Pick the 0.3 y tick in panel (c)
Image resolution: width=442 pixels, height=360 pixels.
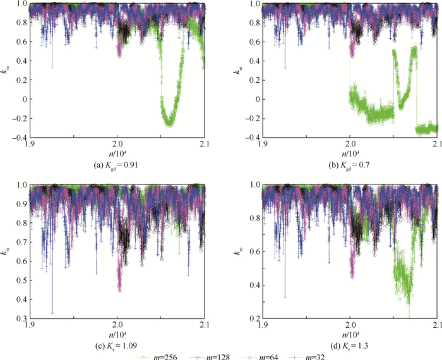point(23,318)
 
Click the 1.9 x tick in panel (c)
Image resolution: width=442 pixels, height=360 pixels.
point(30,325)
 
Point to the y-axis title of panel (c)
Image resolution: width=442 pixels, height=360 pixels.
point(8,251)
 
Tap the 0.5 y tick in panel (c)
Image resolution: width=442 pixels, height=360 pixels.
point(23,273)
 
